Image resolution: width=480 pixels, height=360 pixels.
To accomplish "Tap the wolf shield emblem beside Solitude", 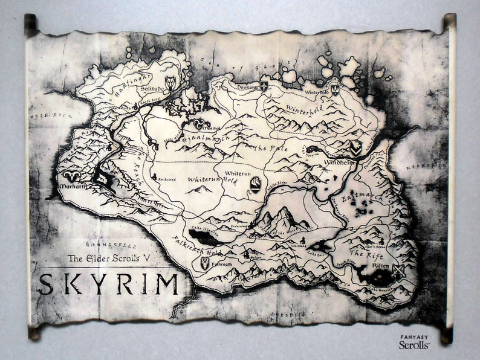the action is tap(170, 83).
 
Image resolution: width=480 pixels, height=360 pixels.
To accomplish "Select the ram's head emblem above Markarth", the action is tap(72, 177).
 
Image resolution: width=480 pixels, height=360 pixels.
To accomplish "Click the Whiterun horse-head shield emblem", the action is tap(255, 184).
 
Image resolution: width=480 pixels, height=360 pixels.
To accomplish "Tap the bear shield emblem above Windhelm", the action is tap(355, 147).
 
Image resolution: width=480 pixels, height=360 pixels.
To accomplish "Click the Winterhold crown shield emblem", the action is tap(334, 89).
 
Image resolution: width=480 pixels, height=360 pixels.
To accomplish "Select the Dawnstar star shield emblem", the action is tap(264, 86).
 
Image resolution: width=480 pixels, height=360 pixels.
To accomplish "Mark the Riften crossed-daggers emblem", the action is tap(400, 270).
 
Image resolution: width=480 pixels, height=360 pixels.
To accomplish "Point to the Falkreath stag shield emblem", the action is tap(204, 263).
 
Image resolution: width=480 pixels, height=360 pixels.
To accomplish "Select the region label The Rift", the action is tap(368, 254).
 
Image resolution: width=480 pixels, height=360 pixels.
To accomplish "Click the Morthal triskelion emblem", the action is tap(198, 124).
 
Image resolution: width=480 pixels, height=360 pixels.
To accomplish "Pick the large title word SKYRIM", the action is tap(109, 284).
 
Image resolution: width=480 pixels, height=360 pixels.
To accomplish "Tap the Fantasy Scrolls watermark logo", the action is tap(414, 342).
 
